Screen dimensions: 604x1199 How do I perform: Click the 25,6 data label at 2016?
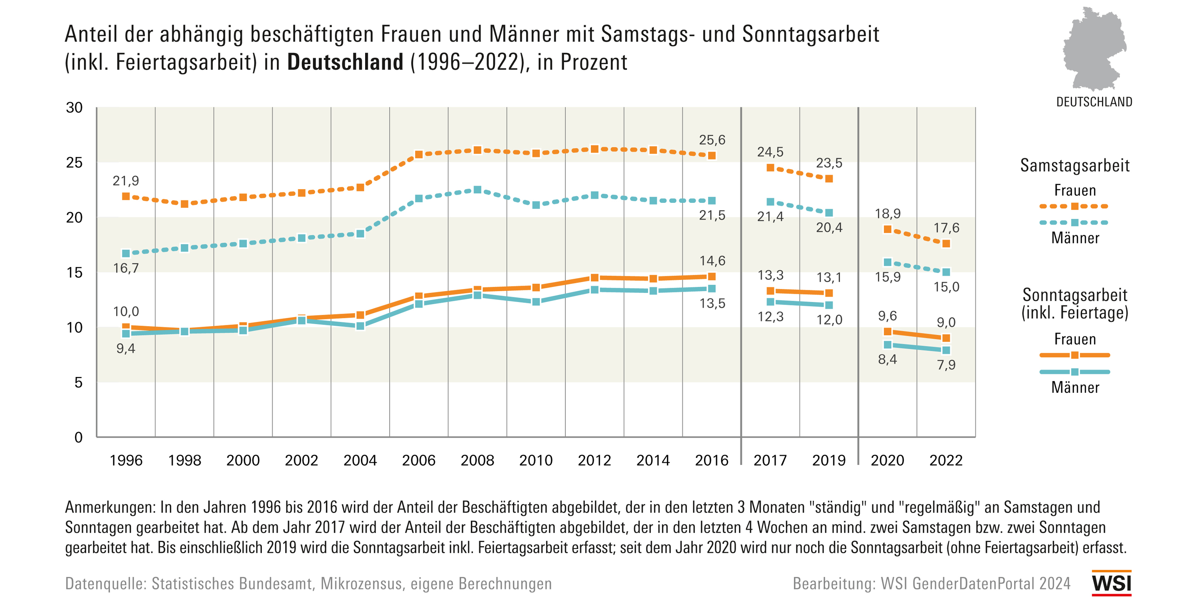pos(711,140)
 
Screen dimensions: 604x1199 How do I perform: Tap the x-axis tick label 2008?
pos(477,460)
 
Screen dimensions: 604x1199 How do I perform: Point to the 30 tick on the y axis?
pos(74,107)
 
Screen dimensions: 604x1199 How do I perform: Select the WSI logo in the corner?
pos(1111,583)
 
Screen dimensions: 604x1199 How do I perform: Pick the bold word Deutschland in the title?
pos(345,62)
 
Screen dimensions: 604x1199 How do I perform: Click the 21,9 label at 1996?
pos(126,181)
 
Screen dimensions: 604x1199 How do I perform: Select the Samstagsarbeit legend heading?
pos(1074,165)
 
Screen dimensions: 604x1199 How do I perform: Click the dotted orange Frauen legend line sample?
pos(1074,206)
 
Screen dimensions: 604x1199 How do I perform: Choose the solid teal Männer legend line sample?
pos(1074,372)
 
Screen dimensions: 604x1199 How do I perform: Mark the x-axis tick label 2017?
pos(770,460)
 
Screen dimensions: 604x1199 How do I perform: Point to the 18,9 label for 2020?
pos(887,213)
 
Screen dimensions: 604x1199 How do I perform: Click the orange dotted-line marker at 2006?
pos(418,154)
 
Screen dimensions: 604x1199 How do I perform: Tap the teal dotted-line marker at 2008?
pos(477,190)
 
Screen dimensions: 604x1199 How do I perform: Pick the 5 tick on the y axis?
pos(78,382)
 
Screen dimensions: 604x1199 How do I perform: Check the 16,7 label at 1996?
pos(126,268)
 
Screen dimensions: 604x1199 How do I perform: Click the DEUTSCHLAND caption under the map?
pos(1094,102)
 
